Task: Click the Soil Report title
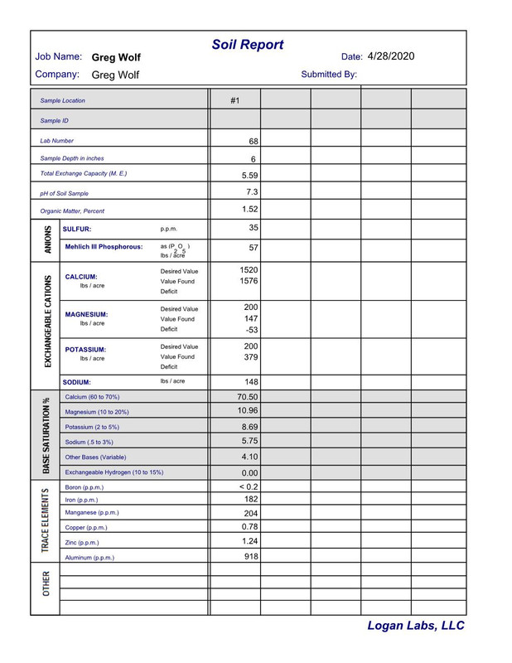tap(248, 45)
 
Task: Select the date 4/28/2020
tap(391, 56)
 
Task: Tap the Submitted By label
tap(329, 75)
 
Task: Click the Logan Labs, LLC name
tap(416, 627)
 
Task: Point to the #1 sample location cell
tap(234, 100)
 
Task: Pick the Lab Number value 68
tap(254, 142)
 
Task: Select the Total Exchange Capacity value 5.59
tap(249, 175)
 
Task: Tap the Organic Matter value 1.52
tap(249, 210)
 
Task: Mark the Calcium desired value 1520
tap(249, 271)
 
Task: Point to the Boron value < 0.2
tap(248, 486)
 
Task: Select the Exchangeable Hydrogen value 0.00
tap(249, 472)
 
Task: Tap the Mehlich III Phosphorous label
tap(104, 247)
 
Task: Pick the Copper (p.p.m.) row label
tap(86, 527)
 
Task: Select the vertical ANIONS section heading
tap(46, 239)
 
